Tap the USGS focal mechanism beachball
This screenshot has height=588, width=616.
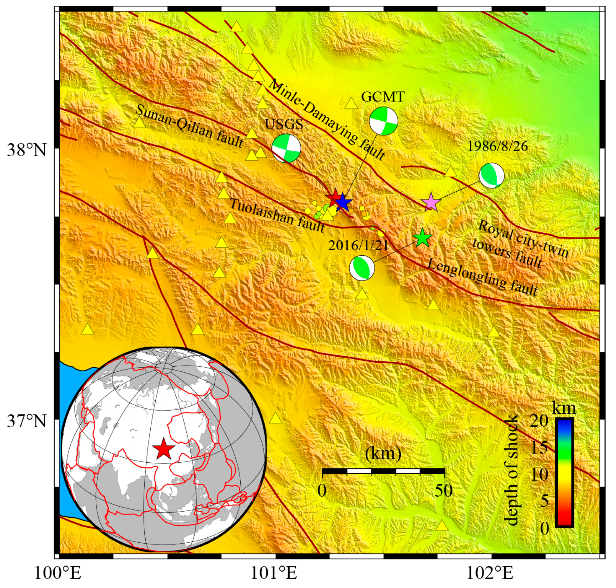coord(286,148)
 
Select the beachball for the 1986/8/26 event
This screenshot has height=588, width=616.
coord(491,175)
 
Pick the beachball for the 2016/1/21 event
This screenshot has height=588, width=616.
coord(362,268)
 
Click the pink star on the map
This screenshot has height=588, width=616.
coord(431,202)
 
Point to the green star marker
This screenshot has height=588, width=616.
coord(422,238)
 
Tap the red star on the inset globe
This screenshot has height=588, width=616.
coord(164,448)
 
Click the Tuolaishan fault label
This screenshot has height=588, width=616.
coord(277,215)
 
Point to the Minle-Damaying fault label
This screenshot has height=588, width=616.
coord(326,119)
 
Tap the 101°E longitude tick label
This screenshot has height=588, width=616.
coord(274,573)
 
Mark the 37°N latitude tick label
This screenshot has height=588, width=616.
coord(27,421)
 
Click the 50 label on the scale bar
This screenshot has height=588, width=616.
coord(444,491)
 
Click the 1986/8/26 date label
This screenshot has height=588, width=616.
coord(497,146)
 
